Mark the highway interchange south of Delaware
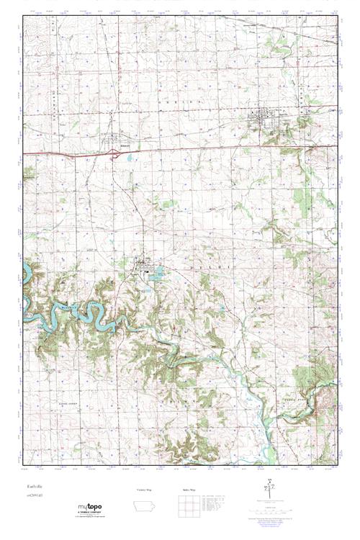point(114,152)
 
